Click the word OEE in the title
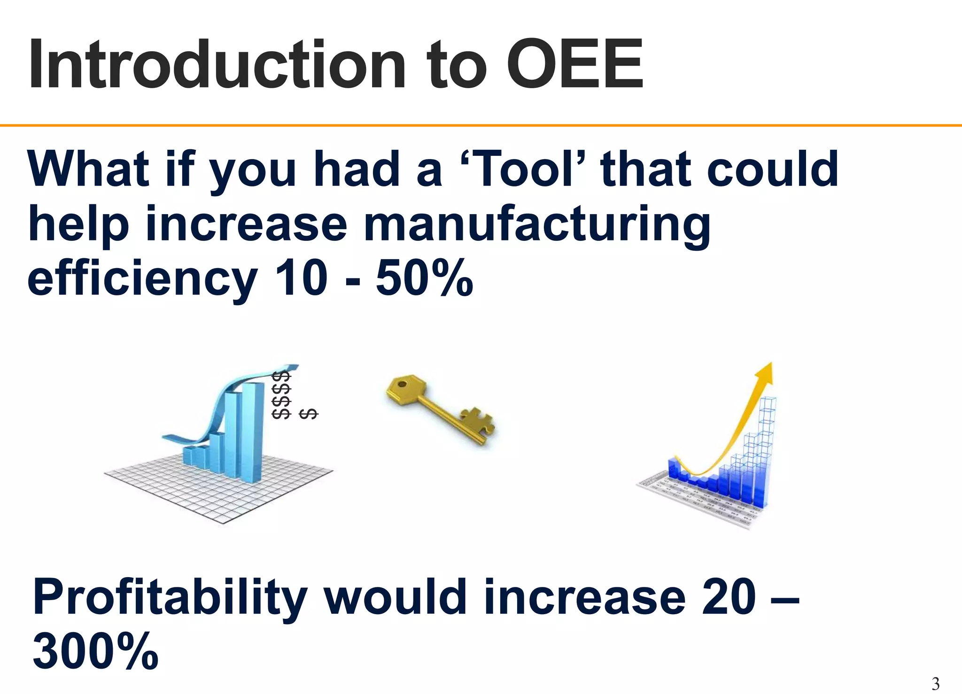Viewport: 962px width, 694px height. tap(574, 65)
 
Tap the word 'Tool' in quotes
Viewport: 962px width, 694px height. tap(521, 169)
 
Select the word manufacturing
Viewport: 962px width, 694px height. tap(537, 224)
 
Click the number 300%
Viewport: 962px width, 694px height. tap(95, 652)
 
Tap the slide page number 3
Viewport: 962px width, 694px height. tap(935, 684)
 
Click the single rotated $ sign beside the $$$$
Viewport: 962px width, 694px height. tap(309, 414)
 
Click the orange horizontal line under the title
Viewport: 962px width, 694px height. tap(481, 125)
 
